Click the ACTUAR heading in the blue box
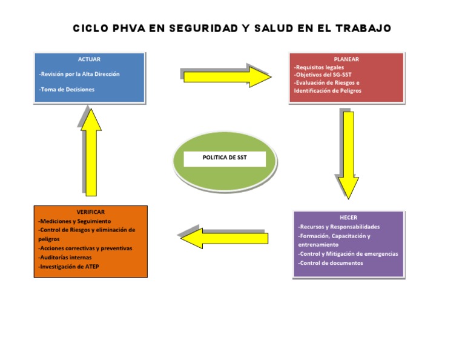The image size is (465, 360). [89, 59]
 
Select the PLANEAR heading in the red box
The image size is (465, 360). [346, 59]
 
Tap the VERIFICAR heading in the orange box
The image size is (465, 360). [91, 212]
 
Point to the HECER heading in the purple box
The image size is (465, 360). [348, 217]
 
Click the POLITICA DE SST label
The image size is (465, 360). [225, 158]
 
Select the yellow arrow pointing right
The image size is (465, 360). [227, 77]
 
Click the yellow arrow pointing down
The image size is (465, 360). [348, 155]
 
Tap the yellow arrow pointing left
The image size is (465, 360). [224, 238]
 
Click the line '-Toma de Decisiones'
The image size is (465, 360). [67, 90]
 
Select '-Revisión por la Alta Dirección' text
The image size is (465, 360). [79, 74]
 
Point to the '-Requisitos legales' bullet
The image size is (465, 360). [319, 67]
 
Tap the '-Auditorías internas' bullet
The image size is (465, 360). [65, 257]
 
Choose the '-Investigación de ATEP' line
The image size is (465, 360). [68, 266]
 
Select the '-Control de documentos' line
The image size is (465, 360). [331, 263]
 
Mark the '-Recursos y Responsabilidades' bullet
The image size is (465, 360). [339, 227]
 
